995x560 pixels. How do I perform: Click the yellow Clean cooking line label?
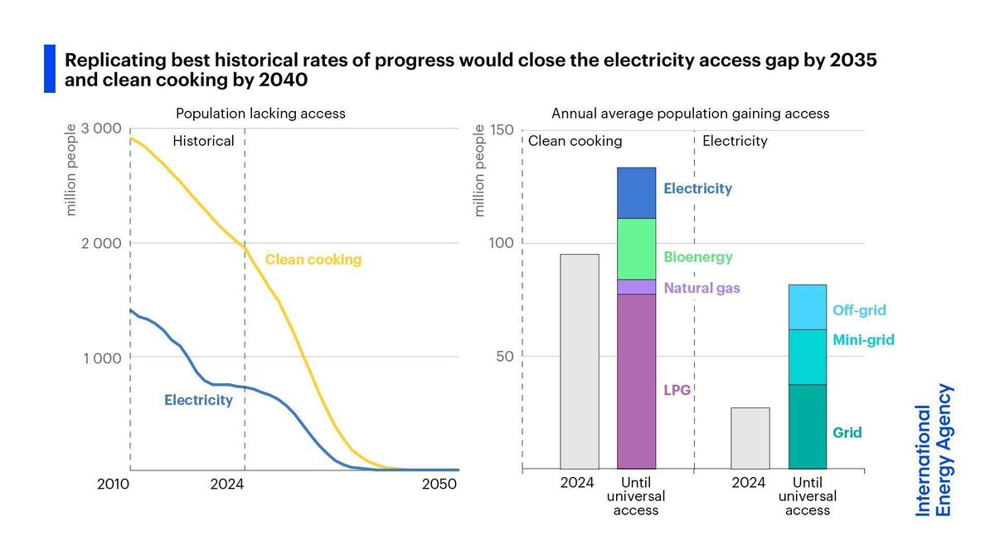[313, 260]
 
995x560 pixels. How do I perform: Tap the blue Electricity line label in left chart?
[198, 400]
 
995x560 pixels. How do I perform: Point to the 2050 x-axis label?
[439, 485]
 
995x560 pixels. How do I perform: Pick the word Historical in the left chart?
[203, 141]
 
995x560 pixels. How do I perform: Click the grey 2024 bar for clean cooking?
[580, 362]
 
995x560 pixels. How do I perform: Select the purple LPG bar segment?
[637, 382]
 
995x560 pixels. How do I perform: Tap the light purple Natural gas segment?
[637, 287]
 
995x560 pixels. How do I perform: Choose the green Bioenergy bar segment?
[637, 249]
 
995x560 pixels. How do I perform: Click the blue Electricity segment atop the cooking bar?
[637, 193]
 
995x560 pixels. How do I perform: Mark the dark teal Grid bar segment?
[808, 427]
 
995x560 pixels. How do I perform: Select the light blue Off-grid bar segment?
[808, 307]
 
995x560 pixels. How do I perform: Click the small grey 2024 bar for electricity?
[750, 439]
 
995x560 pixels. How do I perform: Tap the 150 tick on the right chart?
[503, 129]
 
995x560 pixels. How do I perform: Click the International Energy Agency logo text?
[933, 450]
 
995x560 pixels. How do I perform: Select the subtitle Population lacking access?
[260, 114]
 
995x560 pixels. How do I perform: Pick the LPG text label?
[677, 390]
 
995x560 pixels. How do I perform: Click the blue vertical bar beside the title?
[50, 68]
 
